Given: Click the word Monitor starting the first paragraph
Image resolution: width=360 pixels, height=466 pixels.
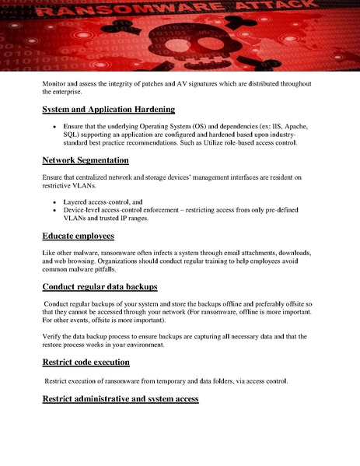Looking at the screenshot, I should pos(57,82).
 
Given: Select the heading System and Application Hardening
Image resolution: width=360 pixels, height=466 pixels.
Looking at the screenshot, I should pos(108,109).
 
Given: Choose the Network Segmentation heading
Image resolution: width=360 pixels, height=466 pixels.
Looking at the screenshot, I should pos(86,160).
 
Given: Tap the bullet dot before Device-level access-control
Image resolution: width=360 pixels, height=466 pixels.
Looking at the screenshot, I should pos(53,210).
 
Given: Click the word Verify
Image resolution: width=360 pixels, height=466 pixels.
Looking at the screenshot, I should pos(55,337).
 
